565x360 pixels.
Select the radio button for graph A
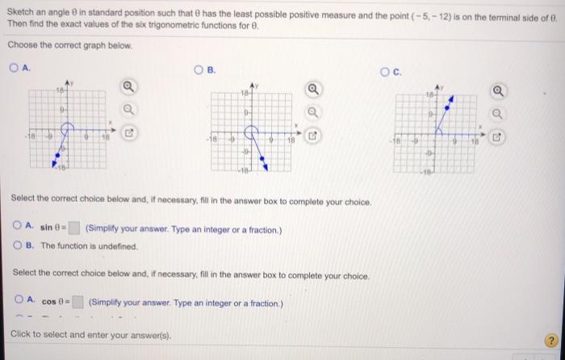tap(15, 69)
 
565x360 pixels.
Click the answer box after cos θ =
tap(77, 303)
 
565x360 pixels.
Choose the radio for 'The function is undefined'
tap(19, 245)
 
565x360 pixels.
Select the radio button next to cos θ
tap(19, 302)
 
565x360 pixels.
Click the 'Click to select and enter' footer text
tap(73, 333)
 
